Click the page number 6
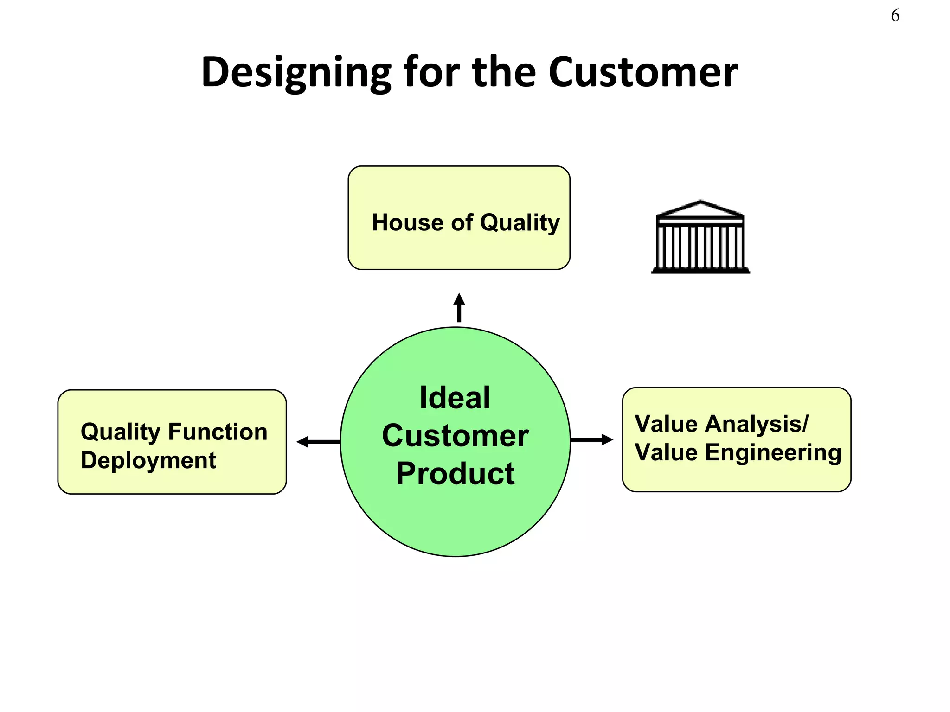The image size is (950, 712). pos(895,16)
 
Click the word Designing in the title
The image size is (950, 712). pos(296,72)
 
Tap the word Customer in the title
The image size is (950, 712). pos(643,72)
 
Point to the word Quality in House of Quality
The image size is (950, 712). pos(520,223)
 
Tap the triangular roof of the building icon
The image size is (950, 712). pos(700,209)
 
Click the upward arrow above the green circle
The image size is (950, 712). pos(459,307)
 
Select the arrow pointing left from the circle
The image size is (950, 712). pos(318,442)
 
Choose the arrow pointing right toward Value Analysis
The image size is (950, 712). pos(592,439)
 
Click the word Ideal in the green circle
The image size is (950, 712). pos(455,398)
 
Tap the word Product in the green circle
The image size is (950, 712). pos(455,473)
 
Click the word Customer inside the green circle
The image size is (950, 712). pos(455,436)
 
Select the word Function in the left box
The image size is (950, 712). pos(218,432)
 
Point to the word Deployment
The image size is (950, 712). pos(148,461)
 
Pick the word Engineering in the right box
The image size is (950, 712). pos(773,452)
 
